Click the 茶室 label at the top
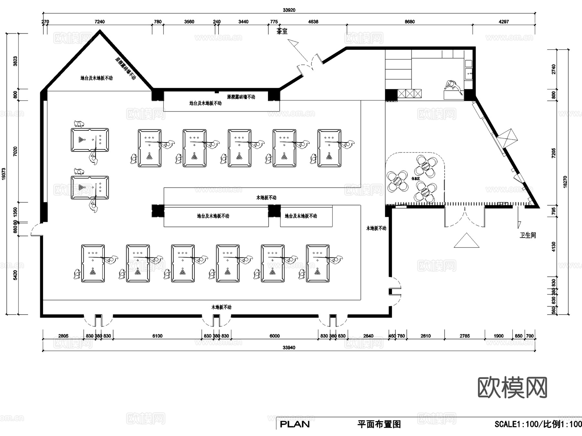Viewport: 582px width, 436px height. (282, 31)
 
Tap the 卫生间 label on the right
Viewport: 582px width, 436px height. (528, 235)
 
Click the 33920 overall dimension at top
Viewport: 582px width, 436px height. (289, 10)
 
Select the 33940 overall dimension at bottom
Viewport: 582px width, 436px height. (289, 348)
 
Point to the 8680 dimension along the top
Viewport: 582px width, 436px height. (410, 22)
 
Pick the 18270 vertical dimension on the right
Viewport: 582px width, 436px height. (565, 182)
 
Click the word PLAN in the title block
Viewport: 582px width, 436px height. (295, 424)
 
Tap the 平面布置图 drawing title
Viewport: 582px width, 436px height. (379, 424)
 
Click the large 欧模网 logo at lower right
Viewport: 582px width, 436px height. (512, 387)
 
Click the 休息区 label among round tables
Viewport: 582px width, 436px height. (415, 179)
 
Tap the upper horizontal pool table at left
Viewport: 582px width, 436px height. (90, 140)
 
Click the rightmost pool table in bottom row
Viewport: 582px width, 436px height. (318, 263)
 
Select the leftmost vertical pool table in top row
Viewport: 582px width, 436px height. (150, 148)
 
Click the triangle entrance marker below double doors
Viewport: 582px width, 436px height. (466, 241)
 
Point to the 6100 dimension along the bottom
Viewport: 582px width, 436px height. (157, 336)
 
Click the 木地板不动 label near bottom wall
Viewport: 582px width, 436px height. (221, 307)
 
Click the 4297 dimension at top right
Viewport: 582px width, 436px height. (504, 22)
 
